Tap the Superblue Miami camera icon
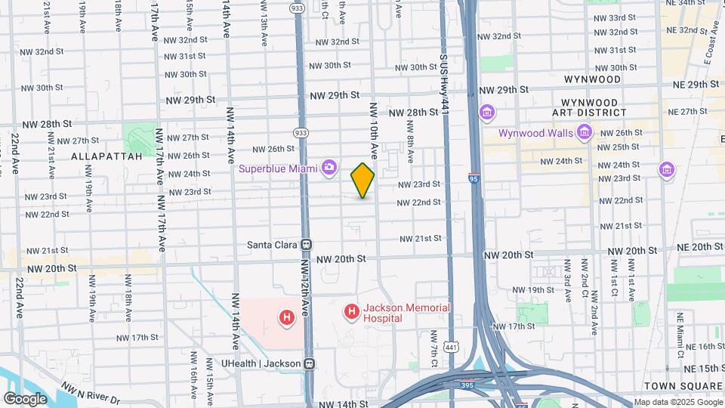[x=329, y=167]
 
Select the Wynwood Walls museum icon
[x=584, y=133]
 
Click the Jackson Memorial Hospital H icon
[x=351, y=311]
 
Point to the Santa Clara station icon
[x=307, y=245]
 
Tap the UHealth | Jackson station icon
[x=309, y=363]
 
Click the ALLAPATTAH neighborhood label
[x=106, y=156]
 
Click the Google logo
[x=25, y=399]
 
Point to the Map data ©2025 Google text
[x=677, y=402]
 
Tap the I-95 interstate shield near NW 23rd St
[x=474, y=179]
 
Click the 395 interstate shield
[x=468, y=384]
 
